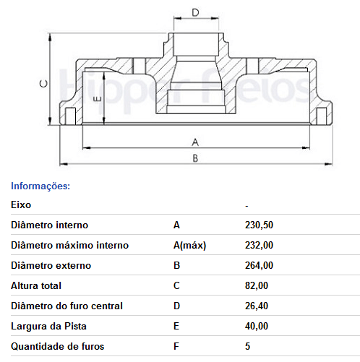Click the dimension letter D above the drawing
tap(195, 12)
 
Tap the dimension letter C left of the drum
tap(43, 83)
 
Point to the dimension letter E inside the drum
tap(97, 98)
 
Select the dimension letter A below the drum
tap(195, 142)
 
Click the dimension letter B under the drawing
tap(195, 158)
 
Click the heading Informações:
tap(40, 186)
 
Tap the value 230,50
tap(259, 225)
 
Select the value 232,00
tap(259, 245)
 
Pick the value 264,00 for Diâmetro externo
tap(259, 265)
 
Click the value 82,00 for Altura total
tap(257, 285)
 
